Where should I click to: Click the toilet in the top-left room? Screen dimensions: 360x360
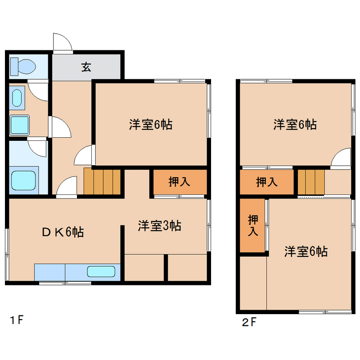tap(23, 67)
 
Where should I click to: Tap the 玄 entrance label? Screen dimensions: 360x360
tap(86, 67)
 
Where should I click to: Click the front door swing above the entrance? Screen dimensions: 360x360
tap(63, 42)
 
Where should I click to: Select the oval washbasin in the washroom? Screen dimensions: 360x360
tap(17, 98)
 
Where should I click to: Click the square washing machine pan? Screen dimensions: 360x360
tap(19, 125)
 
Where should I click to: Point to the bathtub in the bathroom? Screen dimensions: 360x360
tap(23, 180)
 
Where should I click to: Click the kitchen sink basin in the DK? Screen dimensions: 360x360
tap(101, 271)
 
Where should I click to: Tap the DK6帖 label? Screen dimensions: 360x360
tap(63, 232)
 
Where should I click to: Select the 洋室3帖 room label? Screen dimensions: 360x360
tap(159, 226)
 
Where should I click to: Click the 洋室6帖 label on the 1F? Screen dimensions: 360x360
tap(151, 125)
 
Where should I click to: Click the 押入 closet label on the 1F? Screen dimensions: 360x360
tap(179, 182)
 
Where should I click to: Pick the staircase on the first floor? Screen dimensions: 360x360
tap(102, 181)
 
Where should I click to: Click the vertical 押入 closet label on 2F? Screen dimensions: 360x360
tap(253, 225)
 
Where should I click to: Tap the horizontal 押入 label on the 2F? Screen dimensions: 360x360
tap(267, 182)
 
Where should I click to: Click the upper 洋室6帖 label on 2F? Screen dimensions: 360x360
tap(295, 125)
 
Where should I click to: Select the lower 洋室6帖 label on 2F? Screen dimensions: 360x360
tap(306, 251)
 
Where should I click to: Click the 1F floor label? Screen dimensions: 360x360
tap(17, 320)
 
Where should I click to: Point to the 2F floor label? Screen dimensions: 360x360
tap(249, 322)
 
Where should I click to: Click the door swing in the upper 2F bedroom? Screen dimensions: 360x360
tap(341, 157)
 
